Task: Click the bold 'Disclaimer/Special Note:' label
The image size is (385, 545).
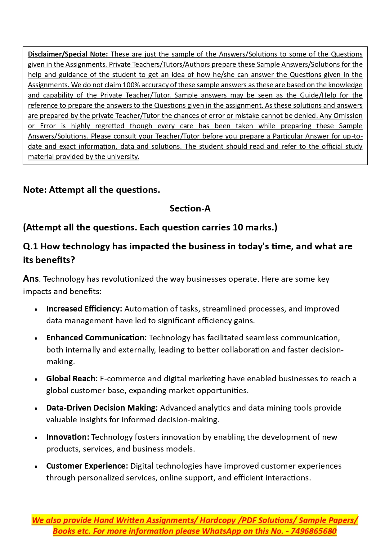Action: [68, 54]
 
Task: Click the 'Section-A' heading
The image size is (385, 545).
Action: [190, 208]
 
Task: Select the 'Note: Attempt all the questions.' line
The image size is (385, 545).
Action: [92, 190]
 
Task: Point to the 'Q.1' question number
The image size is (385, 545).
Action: [30, 246]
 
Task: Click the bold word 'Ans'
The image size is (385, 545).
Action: [31, 279]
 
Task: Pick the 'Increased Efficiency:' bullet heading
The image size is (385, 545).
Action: [84, 309]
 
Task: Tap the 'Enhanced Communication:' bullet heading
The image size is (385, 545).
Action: [96, 338]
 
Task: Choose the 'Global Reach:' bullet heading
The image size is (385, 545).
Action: [72, 379]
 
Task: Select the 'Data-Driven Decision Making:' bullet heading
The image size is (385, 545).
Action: [102, 408]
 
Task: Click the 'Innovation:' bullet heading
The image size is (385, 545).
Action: [68, 437]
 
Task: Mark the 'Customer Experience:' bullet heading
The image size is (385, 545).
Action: [87, 466]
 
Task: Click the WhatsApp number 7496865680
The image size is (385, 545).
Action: [314, 531]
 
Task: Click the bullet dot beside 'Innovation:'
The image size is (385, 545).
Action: [36, 438]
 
